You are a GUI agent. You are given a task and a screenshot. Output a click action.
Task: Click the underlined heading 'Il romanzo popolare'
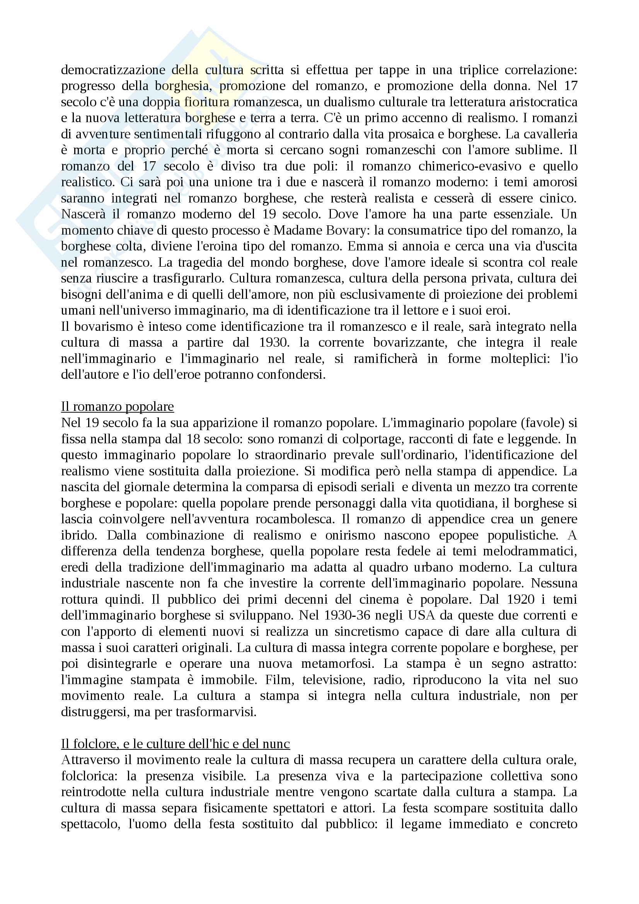coord(118,406)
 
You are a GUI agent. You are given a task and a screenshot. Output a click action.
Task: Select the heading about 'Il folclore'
coord(175,744)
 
